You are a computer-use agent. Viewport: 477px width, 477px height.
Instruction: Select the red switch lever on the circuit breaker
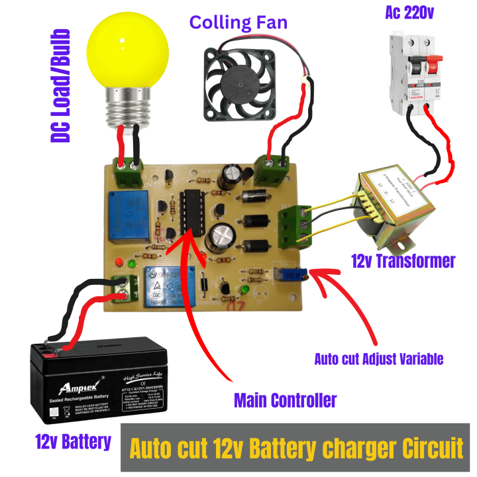click(433, 66)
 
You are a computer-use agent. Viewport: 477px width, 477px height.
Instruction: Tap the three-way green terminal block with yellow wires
click(291, 225)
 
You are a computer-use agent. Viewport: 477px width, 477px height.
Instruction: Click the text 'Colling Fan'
click(238, 22)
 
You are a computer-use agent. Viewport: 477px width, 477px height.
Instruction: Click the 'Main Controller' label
click(285, 400)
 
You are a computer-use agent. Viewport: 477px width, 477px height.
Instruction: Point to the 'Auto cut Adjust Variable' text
click(378, 358)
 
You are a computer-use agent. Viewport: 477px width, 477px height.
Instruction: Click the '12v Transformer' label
click(403, 261)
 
